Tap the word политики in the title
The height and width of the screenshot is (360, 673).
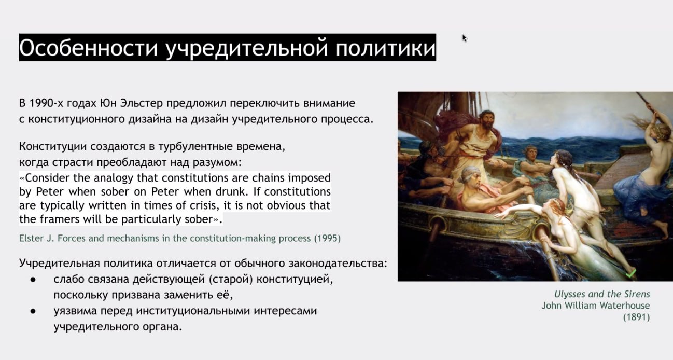[385, 48]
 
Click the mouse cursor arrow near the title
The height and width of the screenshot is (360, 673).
[465, 38]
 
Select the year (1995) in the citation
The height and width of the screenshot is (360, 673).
[327, 238]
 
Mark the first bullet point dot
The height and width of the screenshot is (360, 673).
[33, 280]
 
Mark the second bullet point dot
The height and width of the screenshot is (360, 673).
[33, 311]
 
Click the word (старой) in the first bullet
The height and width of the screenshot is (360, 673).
[230, 280]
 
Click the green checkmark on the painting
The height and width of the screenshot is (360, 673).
[631, 273]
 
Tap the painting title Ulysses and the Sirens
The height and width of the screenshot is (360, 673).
[602, 294]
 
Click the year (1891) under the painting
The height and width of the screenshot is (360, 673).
[636, 317]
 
